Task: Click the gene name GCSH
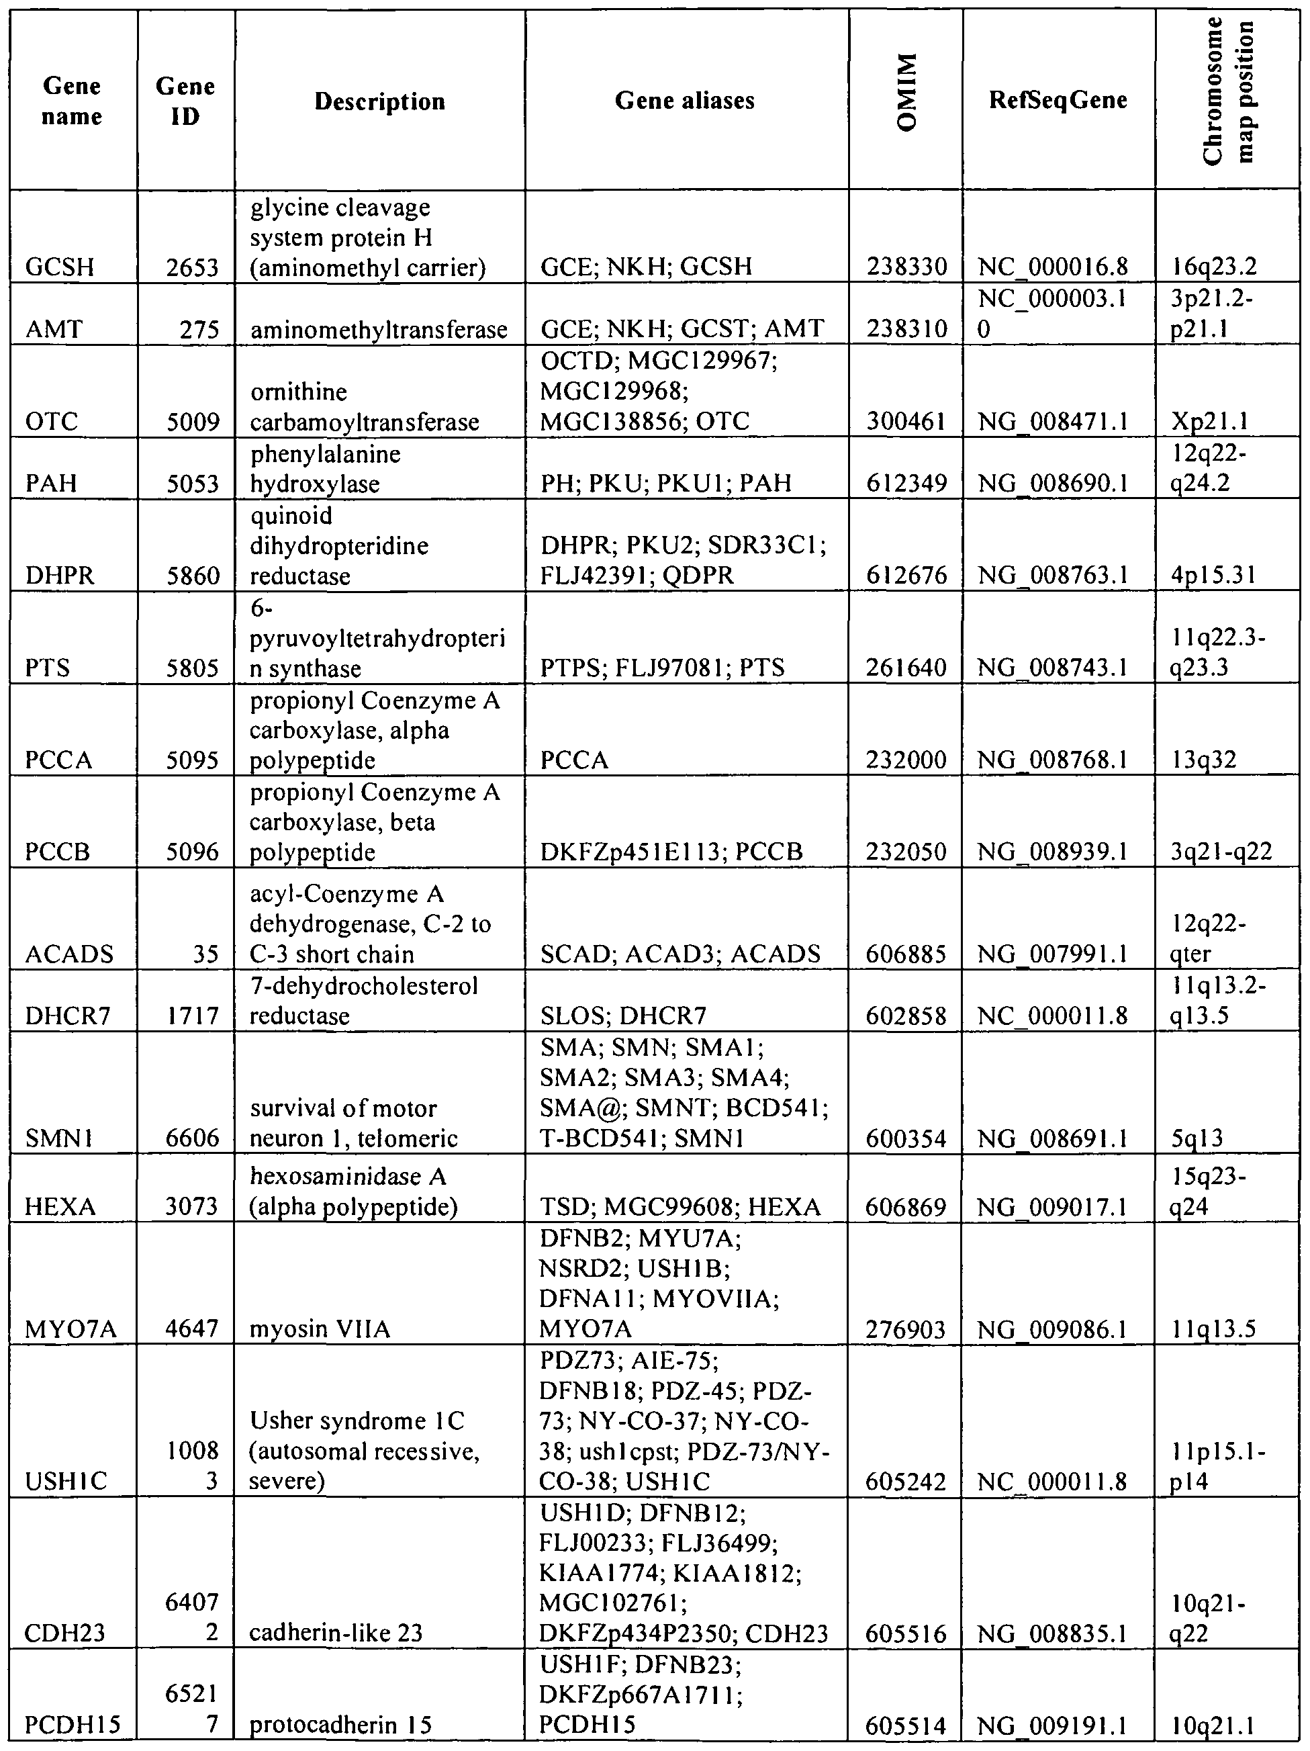pos(59,267)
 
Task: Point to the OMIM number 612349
pos(906,483)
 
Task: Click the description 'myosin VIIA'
pos(320,1329)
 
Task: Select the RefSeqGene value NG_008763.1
pos(1053,576)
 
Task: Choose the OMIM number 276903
pos(906,1329)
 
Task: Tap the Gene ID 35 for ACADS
pos(205,954)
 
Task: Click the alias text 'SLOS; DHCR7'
pos(623,1016)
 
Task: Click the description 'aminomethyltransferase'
pos(378,329)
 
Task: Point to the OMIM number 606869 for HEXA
pos(906,1207)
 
